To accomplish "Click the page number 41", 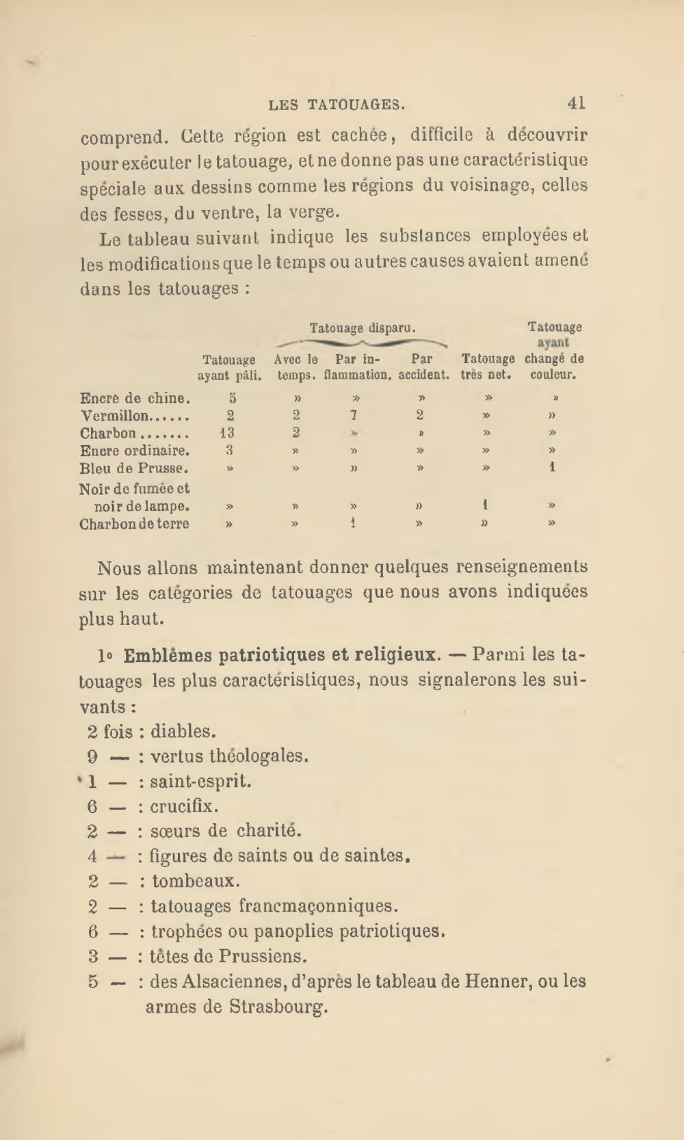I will [576, 103].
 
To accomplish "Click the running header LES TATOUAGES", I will [337, 105].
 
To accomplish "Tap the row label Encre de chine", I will [135, 398].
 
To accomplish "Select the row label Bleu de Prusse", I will [134, 469].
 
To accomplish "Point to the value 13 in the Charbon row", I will [227, 433].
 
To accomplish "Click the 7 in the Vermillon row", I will [354, 415].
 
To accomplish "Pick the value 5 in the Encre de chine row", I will [232, 397].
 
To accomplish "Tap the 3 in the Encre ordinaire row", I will [230, 450].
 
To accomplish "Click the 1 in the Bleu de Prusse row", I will [552, 468].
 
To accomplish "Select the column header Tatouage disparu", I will [363, 328].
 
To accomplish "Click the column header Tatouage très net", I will [488, 367].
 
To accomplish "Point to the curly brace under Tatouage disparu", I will [363, 343].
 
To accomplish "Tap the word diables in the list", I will [183, 732].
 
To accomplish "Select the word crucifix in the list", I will [184, 806].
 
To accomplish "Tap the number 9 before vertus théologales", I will [93, 756].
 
